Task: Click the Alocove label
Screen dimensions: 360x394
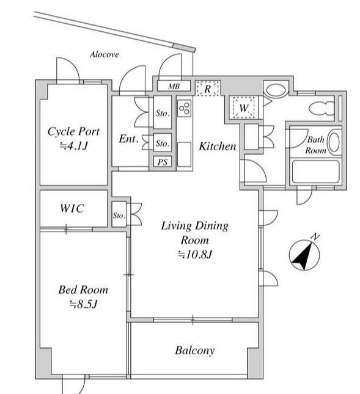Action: tap(105, 54)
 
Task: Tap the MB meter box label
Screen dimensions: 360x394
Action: tap(174, 87)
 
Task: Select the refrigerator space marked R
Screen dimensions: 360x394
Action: tap(208, 89)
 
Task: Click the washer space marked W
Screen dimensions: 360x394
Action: tap(243, 108)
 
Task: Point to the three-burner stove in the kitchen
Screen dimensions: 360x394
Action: tap(184, 108)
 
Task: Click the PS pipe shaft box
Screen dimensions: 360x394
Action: tap(163, 162)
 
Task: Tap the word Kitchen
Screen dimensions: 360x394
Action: tap(218, 146)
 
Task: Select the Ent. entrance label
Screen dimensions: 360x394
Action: tap(129, 139)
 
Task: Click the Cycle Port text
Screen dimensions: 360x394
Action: tap(74, 131)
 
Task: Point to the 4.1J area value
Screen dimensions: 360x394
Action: tap(73, 146)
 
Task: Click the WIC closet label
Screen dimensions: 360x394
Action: tap(72, 208)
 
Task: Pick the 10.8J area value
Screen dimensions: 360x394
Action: tap(195, 255)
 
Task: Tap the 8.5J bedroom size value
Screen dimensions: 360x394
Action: tap(83, 304)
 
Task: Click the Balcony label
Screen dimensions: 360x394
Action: tap(195, 350)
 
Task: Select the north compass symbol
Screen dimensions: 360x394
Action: tap(304, 255)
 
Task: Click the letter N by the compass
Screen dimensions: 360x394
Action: tap(315, 236)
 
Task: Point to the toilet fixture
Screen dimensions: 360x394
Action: tap(321, 109)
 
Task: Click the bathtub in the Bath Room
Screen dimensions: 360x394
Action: tap(315, 172)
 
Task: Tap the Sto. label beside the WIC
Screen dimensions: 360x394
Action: tap(119, 216)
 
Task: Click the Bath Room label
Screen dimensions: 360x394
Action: tap(316, 145)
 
